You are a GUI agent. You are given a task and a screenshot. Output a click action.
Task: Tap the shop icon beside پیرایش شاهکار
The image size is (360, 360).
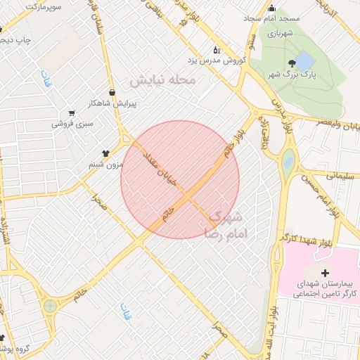[112, 91]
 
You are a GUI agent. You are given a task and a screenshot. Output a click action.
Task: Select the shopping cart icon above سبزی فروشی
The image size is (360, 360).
[72, 112]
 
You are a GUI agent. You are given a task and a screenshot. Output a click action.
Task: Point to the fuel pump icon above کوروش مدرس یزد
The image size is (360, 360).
[217, 50]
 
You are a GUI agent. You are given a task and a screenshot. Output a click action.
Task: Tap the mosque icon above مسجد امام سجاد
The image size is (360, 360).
[271, 8]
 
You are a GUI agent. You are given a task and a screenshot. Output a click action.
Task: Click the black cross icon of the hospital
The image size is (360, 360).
[324, 272]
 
